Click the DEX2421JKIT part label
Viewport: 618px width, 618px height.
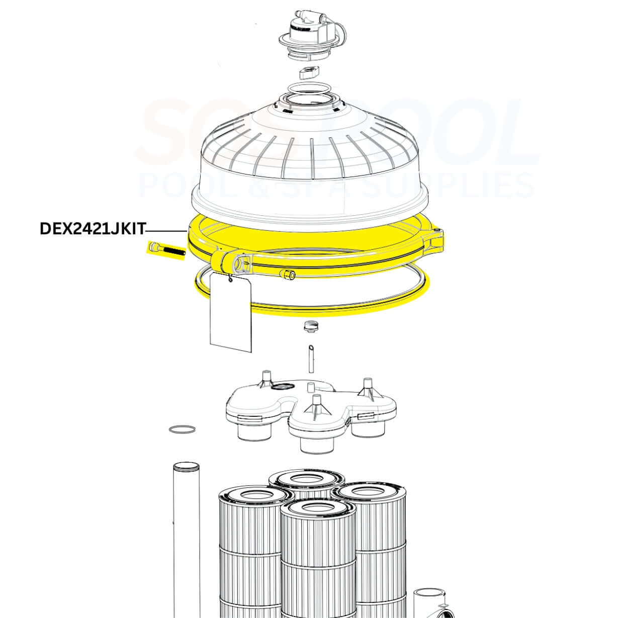92,229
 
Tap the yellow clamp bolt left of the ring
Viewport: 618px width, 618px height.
165,249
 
